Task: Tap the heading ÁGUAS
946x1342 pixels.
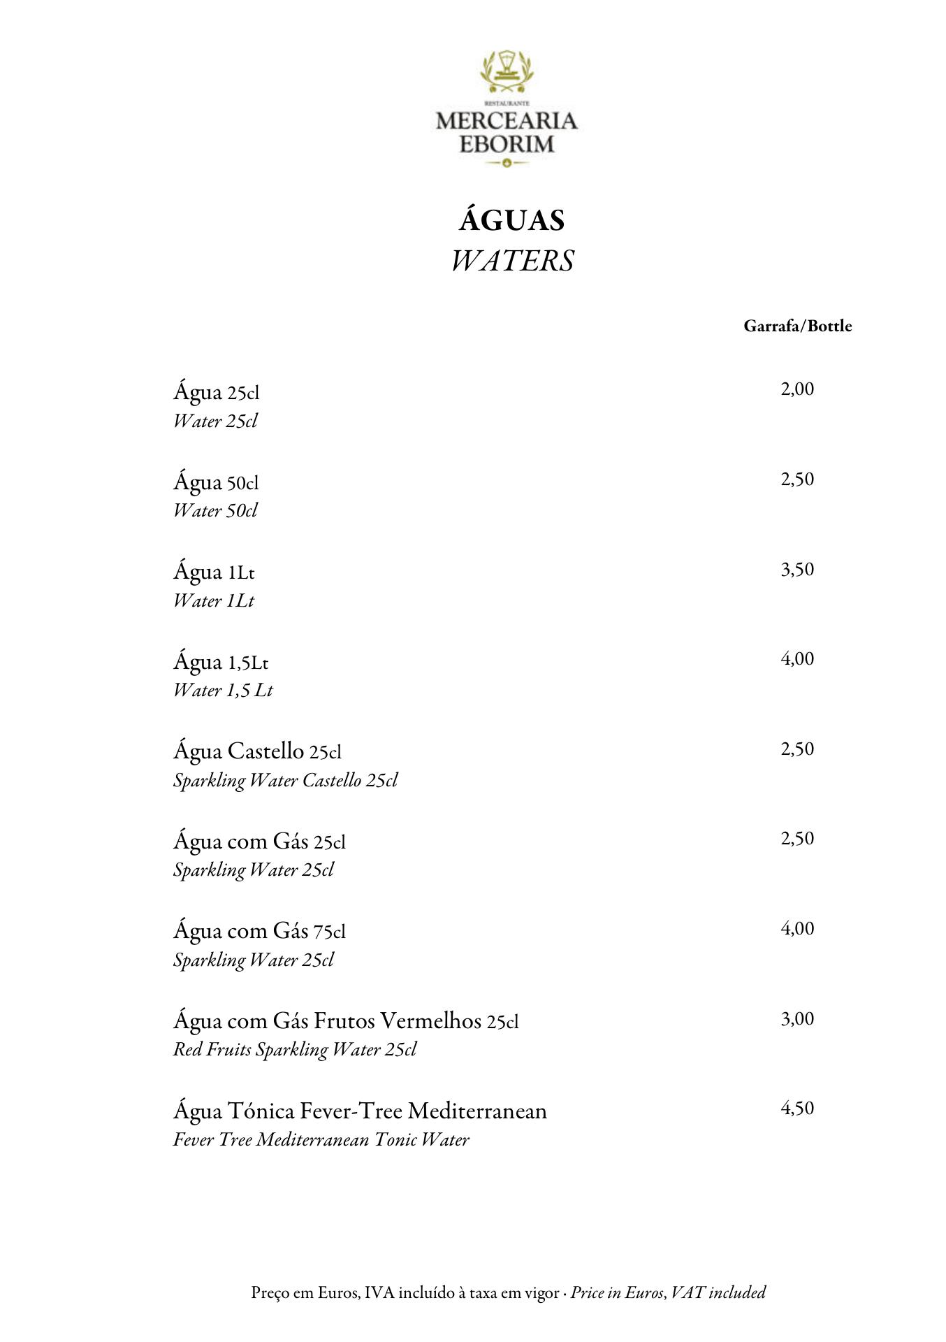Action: click(511, 221)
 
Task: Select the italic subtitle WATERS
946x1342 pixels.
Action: click(511, 261)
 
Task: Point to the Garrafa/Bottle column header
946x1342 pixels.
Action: click(797, 326)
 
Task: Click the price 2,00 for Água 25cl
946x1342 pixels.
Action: click(797, 389)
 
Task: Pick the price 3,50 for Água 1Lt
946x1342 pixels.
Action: click(797, 570)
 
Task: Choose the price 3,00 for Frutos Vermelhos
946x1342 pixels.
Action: click(797, 1019)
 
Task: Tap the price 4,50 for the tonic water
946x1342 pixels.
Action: click(797, 1109)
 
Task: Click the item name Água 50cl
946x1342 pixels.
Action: click(216, 482)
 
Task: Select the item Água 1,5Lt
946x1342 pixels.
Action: click(221, 662)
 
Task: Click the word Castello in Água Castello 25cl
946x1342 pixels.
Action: click(265, 751)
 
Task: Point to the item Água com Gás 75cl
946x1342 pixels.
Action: click(259, 931)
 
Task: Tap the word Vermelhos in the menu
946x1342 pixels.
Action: click(432, 1021)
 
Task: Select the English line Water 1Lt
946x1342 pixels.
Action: click(214, 601)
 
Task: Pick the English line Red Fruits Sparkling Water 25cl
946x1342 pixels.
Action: click(294, 1050)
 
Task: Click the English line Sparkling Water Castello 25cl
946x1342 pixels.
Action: click(285, 781)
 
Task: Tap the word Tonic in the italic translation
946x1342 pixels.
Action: click(395, 1140)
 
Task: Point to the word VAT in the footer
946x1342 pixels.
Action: click(686, 1293)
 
